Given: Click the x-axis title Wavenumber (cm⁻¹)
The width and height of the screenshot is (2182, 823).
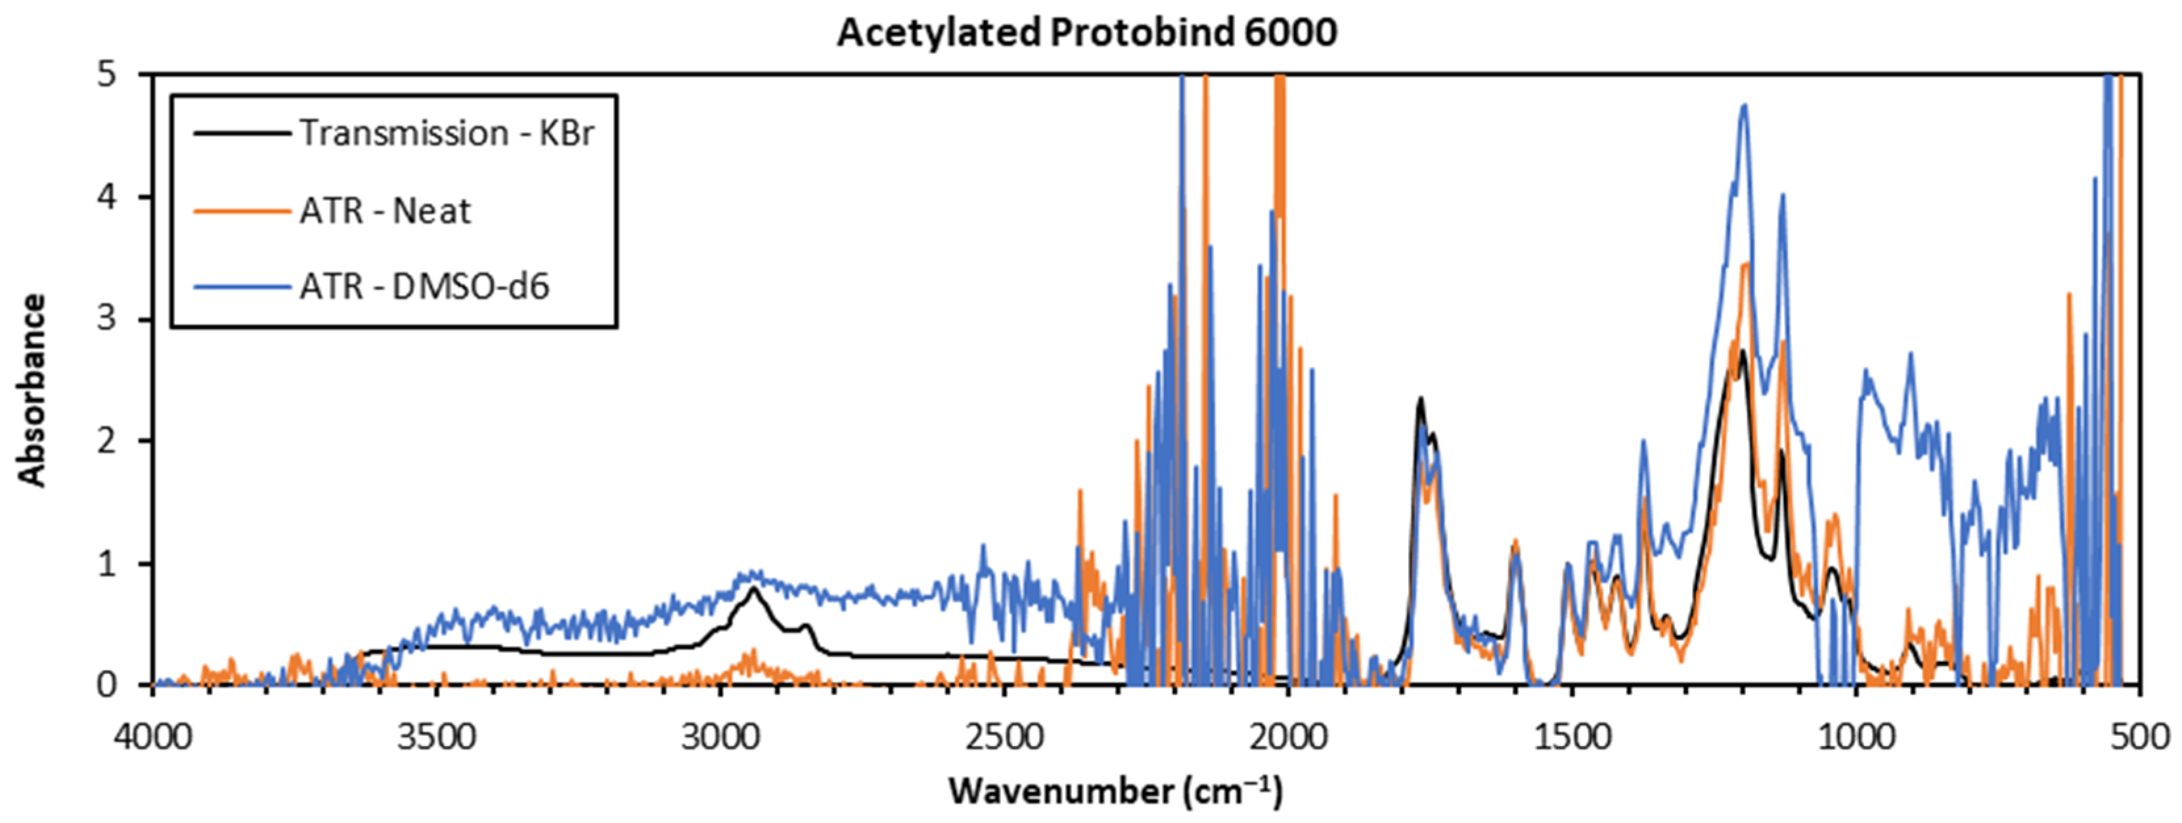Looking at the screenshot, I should [x=1115, y=791].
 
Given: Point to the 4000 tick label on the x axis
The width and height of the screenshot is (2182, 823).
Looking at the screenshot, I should [x=152, y=737].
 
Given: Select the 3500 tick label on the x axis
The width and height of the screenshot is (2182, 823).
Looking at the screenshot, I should [x=436, y=737].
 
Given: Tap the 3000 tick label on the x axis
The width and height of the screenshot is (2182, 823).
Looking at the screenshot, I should [x=720, y=737].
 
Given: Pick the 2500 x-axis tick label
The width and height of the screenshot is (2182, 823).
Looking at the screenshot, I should [x=1004, y=737].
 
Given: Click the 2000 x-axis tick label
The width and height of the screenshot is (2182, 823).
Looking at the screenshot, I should [x=1288, y=737].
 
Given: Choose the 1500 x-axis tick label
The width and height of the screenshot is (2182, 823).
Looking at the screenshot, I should [x=1572, y=737].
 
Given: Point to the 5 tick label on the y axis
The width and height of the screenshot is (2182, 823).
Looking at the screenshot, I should [x=106, y=74].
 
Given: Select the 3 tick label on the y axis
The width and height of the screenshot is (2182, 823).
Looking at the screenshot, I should [x=106, y=319].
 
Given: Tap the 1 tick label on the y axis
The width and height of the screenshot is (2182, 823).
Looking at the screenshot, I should [x=106, y=563].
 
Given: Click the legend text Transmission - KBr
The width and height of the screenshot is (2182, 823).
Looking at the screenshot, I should [x=447, y=133].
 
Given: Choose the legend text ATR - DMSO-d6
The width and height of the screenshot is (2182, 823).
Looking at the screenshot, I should [x=424, y=286].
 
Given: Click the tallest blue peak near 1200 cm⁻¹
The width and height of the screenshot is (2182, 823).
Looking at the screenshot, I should [x=1743, y=106].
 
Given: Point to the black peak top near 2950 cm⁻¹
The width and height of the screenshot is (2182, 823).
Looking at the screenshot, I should [x=753, y=590].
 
